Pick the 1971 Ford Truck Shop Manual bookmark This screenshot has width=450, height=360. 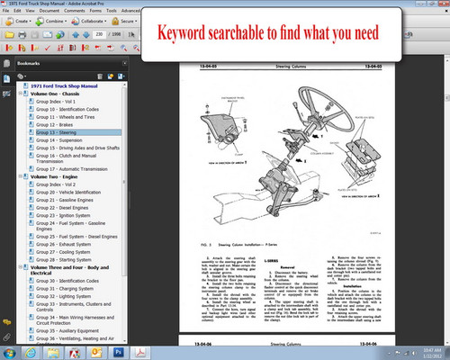(67, 84)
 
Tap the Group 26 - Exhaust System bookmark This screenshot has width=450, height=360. (62, 241)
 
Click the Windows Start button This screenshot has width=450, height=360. (9, 351)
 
